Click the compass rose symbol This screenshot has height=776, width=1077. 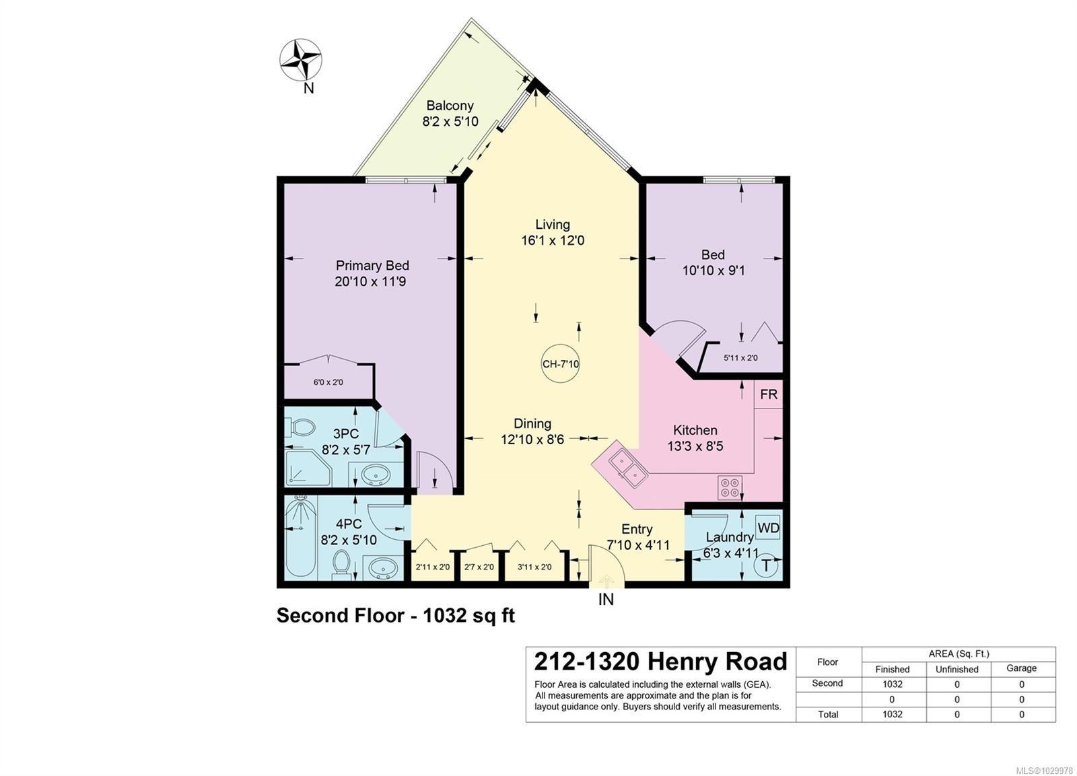point(301,60)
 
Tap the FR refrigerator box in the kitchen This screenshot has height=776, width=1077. point(768,394)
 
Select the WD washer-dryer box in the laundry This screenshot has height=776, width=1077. point(768,528)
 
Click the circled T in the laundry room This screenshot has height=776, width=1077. point(767,565)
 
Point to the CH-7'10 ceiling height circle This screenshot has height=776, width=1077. point(561,363)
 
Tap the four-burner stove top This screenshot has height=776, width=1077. point(730,487)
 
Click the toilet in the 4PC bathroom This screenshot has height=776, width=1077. point(342,563)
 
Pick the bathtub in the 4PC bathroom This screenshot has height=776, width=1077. point(301,538)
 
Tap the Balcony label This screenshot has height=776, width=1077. point(450,105)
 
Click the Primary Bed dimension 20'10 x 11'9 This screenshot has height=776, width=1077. point(370,281)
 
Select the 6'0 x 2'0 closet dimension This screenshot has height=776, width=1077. point(328,382)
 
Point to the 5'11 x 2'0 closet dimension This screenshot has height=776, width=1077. point(740,357)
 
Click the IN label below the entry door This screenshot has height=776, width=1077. point(606,600)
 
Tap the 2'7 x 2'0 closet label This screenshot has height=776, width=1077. point(479,567)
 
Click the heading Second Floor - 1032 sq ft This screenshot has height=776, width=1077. point(396,615)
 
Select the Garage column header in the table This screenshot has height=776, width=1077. point(1021,668)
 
